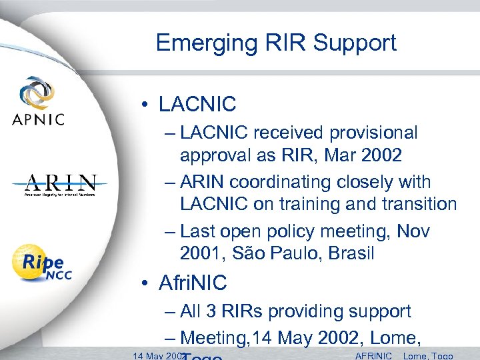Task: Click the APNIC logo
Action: click(x=38, y=101)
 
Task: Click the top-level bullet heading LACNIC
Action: click(x=197, y=104)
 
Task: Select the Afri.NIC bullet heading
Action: click(x=193, y=283)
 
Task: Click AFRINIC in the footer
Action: click(x=374, y=355)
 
